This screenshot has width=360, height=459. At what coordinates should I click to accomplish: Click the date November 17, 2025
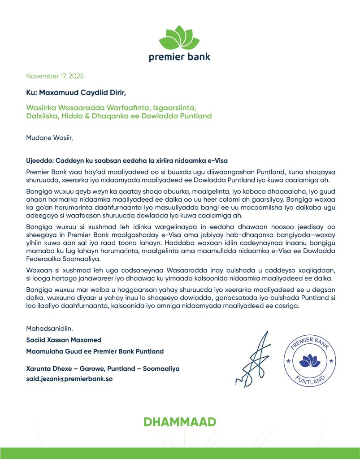55,76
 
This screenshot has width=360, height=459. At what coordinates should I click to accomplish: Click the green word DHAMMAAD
180,422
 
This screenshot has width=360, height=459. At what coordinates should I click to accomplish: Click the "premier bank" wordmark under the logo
180,57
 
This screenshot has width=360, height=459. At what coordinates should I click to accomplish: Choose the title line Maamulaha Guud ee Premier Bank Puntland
95,351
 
